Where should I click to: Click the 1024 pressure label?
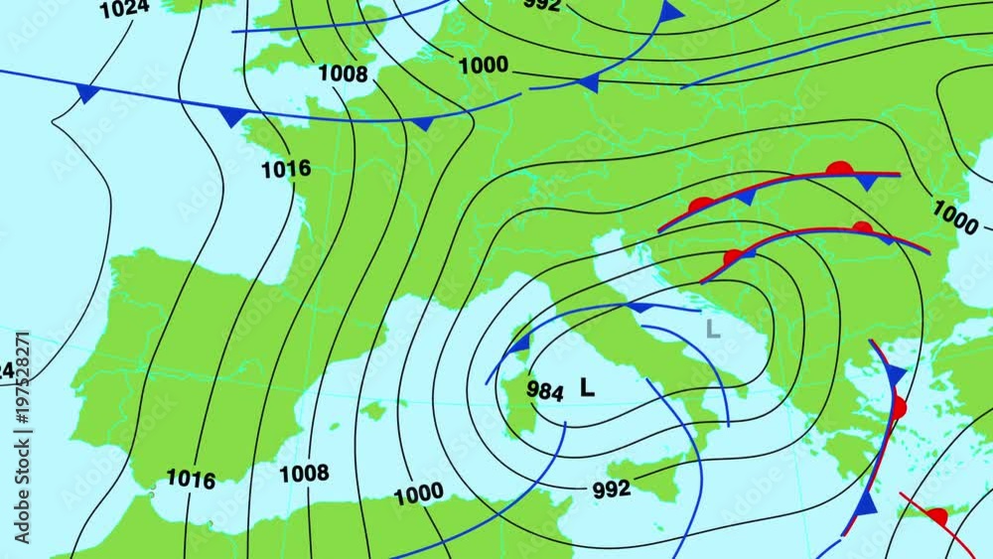pos(124,9)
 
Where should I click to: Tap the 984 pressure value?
pos(545,390)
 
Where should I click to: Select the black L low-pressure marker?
pos(587,388)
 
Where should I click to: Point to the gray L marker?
pos(711,330)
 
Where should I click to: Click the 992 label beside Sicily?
pos(612,489)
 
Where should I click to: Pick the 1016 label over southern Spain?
pos(191,480)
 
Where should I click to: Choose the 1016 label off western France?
pos(286,170)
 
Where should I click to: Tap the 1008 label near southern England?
pos(343,73)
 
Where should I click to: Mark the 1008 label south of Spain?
pos(304,474)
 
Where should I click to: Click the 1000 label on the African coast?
pos(419,494)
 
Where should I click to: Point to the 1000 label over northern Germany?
pos(484,66)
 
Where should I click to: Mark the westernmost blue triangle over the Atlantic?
pos(87,93)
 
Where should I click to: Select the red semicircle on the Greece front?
pos(899,407)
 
